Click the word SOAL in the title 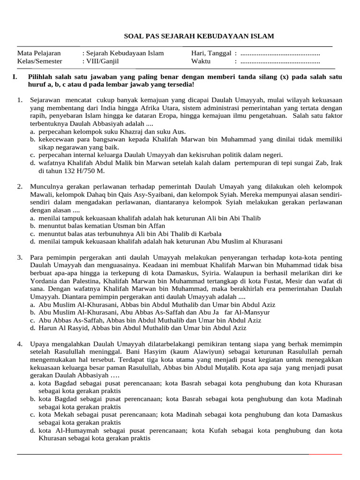133,36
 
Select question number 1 20,100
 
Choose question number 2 20,187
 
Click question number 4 20,344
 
